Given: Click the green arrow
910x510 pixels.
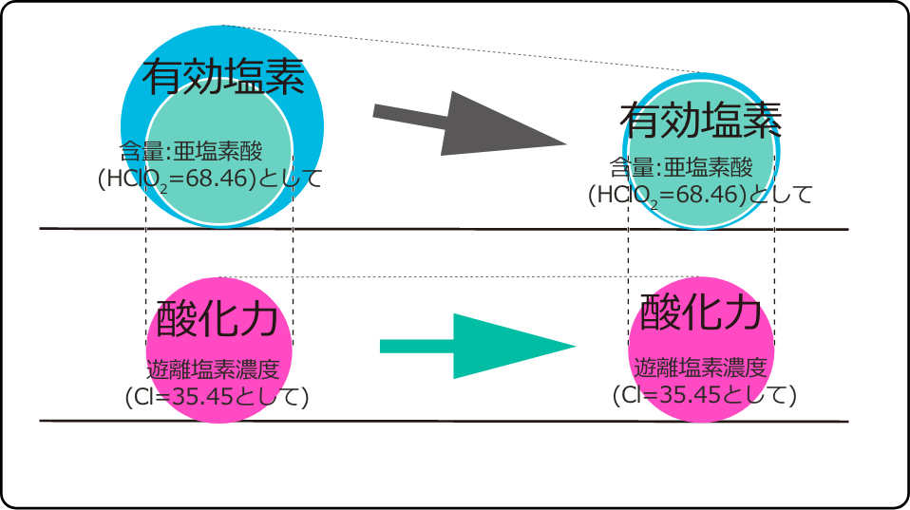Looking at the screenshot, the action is [x=478, y=347].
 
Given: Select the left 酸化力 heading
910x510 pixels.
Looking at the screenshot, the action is [x=218, y=319].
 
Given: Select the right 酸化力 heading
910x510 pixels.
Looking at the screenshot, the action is [x=701, y=312].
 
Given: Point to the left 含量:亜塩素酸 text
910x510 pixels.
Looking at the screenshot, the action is [x=191, y=151].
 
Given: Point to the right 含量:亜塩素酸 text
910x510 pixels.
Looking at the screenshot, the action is [x=681, y=168].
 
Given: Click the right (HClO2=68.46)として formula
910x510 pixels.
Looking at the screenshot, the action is [x=700, y=195].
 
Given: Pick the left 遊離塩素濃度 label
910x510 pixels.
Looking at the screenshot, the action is [x=213, y=369].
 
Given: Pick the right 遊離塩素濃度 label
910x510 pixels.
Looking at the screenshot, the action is [x=700, y=368].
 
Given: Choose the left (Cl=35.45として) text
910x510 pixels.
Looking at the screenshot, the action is [x=218, y=397].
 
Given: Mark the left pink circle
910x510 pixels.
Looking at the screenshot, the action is [x=218, y=349].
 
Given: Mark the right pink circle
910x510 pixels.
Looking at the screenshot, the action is [x=701, y=349].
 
